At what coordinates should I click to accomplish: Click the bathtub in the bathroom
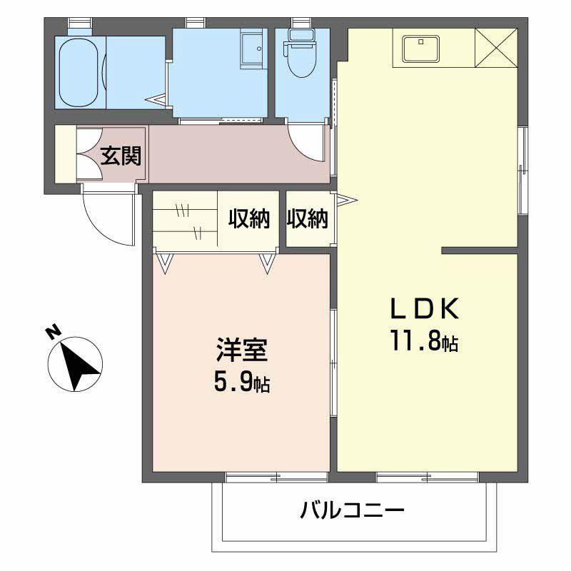(80, 71)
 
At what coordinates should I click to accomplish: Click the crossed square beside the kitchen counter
(495, 48)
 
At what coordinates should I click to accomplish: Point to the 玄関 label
(120, 155)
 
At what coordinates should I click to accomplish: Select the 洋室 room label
(242, 352)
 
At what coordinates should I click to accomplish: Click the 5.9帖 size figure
(241, 384)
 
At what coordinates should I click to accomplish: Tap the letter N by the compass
(52, 332)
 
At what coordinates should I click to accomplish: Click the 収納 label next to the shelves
(249, 219)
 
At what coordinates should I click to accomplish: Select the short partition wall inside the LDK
(478, 251)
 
